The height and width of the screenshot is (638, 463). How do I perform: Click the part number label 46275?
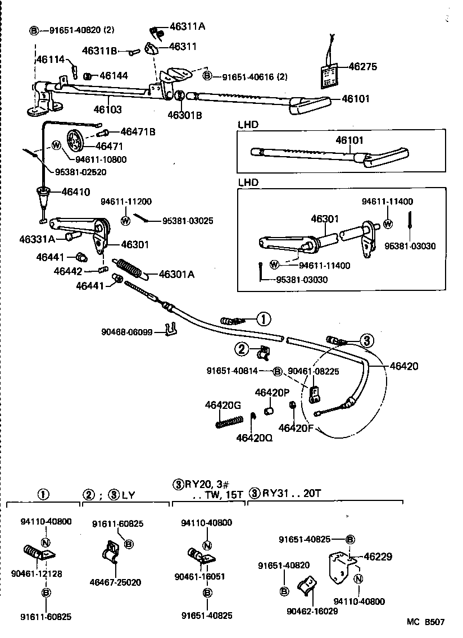tap(362, 66)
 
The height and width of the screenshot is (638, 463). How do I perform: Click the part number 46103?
tap(107, 110)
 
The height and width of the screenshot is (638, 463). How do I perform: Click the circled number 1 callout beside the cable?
tap(263, 319)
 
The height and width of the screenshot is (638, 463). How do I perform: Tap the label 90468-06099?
tap(128, 332)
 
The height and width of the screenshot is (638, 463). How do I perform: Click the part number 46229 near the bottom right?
tap(377, 557)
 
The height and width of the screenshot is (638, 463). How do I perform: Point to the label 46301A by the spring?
tap(176, 274)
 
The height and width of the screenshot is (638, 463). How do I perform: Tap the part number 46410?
tap(75, 192)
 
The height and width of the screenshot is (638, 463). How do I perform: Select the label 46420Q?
tap(254, 437)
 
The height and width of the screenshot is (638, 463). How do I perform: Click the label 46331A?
tap(37, 239)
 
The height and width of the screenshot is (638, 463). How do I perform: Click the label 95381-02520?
tap(80, 172)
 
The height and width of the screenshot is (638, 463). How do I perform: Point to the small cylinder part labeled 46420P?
tap(268, 413)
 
